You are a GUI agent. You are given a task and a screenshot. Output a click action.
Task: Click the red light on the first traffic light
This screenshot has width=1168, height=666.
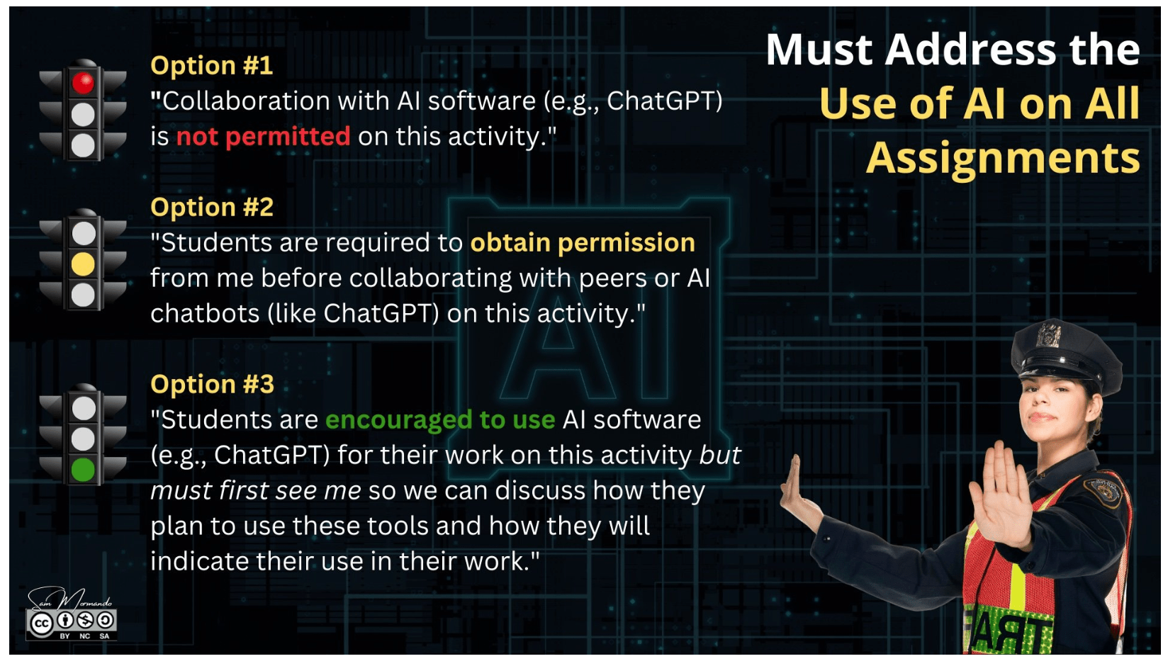pyautogui.click(x=83, y=83)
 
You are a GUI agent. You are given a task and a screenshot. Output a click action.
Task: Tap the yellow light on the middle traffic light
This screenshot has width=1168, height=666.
pyautogui.click(x=83, y=264)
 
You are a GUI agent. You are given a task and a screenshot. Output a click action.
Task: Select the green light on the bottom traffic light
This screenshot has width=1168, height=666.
pyautogui.click(x=83, y=470)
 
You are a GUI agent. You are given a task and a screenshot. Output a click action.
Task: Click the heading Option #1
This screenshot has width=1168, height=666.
pyautogui.click(x=211, y=66)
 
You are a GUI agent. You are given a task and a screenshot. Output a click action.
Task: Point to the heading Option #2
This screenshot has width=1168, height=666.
pyautogui.click(x=212, y=208)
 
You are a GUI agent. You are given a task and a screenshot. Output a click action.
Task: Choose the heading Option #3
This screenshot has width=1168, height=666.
pyautogui.click(x=212, y=385)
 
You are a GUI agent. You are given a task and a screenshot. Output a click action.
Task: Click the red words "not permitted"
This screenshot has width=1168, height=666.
pyautogui.click(x=264, y=137)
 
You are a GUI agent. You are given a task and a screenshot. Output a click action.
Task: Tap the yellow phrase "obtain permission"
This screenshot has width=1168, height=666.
pyautogui.click(x=583, y=243)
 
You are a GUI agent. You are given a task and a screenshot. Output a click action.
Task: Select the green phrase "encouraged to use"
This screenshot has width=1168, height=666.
pyautogui.click(x=440, y=420)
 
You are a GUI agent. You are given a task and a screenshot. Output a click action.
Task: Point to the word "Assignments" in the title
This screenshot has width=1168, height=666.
pyautogui.click(x=1003, y=159)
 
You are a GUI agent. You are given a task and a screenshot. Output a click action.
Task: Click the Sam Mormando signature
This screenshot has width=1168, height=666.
pyautogui.click(x=70, y=600)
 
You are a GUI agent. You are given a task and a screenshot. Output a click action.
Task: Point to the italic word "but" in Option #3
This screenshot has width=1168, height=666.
pyautogui.click(x=720, y=456)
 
